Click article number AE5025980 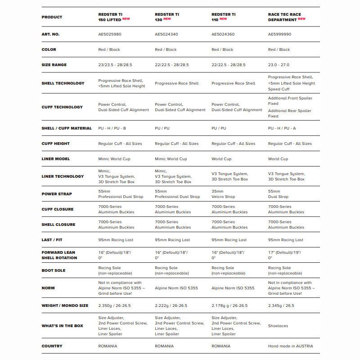tap(110, 34)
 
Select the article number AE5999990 tap(279, 34)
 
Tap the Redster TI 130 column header tap(166, 17)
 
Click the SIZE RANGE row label tap(54, 65)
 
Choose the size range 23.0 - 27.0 tap(279, 65)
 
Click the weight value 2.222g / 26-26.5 tap(171, 306)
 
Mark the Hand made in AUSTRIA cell tap(290, 346)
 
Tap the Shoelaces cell tap(278, 326)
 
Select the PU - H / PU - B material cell tap(112, 128)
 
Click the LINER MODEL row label tap(56, 159)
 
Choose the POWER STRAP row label tap(57, 194)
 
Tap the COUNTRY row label tap(52, 346)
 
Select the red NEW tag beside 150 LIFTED tap(126, 19)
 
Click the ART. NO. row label tap(50, 34)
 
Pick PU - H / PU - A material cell tap(282, 128)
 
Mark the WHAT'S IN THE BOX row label tap(63, 326)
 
